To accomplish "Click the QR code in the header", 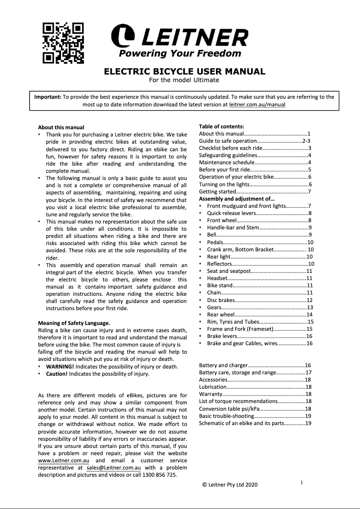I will tap(63, 43).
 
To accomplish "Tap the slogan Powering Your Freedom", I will tap(180, 54).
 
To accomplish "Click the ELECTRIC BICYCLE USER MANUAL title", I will tap(184, 71).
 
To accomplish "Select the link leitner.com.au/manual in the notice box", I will tap(257, 105).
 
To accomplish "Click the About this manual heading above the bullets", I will tap(61, 127).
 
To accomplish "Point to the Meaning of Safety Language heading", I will tap(74, 323).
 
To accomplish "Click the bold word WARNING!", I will tap(60, 367).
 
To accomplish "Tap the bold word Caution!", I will tap(57, 373).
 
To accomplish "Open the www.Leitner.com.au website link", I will tap(63, 461).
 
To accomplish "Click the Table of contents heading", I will tap(221, 127).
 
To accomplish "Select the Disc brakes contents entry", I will tap(220, 300).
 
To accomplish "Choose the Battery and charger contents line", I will tap(223, 365).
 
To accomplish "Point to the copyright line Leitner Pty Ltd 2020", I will tap(230, 485).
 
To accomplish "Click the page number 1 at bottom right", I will tap(302, 483).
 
